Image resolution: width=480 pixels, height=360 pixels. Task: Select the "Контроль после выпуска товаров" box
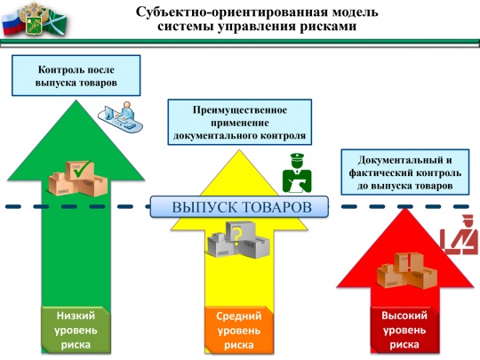[x=76, y=76]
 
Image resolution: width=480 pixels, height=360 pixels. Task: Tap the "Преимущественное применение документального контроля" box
[x=240, y=123]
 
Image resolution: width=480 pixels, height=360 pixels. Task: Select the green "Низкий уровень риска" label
[x=76, y=329]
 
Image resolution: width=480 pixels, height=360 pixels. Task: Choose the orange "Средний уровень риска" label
[x=239, y=330]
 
